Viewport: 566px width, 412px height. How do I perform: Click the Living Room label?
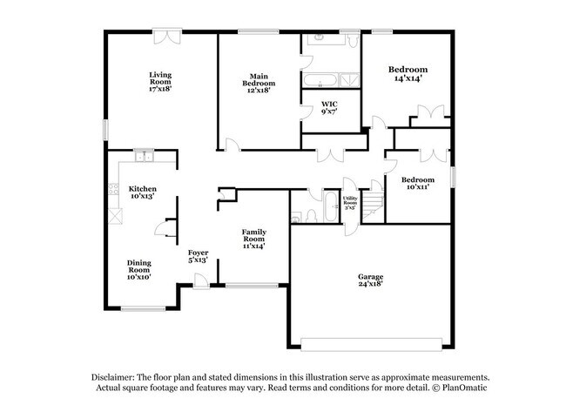coord(159,81)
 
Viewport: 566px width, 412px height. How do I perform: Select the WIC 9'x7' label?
coord(329,108)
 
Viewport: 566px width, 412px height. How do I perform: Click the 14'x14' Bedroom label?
coord(408,73)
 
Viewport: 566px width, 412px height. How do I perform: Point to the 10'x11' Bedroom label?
coord(418,183)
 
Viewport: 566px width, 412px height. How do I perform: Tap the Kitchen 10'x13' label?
coord(142,192)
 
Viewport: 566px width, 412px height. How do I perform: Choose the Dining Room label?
coord(139,269)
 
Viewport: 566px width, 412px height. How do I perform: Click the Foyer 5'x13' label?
coord(199,256)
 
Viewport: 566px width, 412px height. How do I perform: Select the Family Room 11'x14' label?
coord(253,238)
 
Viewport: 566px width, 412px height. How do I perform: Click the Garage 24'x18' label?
coord(370,280)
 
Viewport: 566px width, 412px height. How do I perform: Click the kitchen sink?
coord(144,156)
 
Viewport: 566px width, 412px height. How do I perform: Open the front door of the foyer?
coord(200,280)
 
